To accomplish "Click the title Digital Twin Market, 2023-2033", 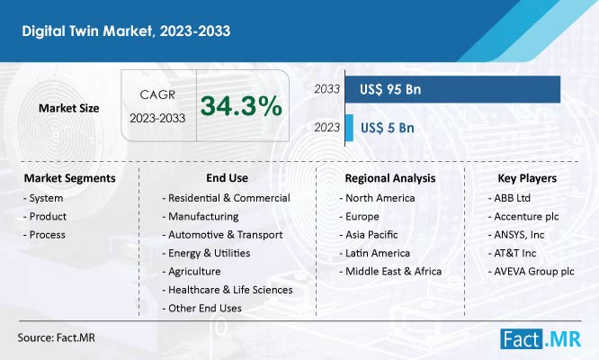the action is point(126,31).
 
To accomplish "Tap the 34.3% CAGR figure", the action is point(241,106).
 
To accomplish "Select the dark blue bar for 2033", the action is point(452,89).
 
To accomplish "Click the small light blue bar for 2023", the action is point(349,128).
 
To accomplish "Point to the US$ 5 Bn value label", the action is point(388,128).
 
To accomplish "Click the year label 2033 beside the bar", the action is point(327,89).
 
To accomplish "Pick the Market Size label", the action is point(68,108).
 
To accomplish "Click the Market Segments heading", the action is point(69,178).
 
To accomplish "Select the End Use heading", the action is point(227,177).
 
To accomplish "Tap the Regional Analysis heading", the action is point(390,178).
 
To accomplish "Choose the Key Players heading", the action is point(527,178).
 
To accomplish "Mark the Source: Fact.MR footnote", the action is point(56,337).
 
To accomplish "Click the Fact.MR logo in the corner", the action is point(541,339).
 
